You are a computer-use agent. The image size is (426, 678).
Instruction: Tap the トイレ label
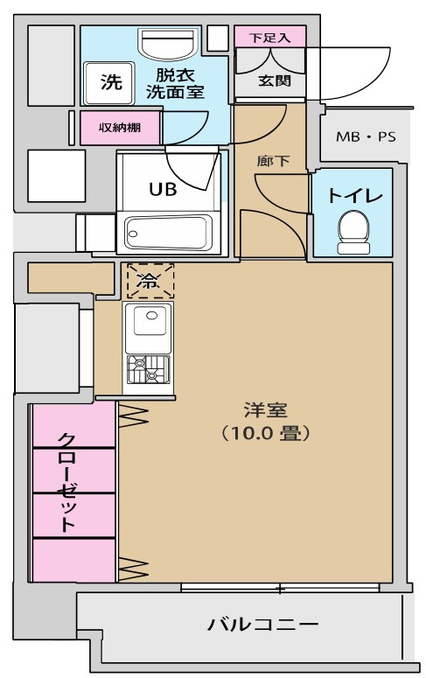pos(355,196)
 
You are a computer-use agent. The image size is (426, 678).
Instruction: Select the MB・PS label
pos(366,137)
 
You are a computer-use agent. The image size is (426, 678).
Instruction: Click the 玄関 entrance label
pos(274,80)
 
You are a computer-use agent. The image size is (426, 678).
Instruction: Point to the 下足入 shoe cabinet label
pos(270,38)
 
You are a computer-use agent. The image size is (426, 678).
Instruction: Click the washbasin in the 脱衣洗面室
pos(169,43)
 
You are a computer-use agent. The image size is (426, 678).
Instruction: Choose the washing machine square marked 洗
pos(109,83)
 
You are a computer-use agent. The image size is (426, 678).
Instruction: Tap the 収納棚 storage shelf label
pos(120,128)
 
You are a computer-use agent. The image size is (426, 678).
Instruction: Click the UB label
pos(163,189)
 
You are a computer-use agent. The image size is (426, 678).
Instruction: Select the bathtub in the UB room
pos(168,233)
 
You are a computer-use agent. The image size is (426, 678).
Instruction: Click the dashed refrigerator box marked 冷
pos(150,281)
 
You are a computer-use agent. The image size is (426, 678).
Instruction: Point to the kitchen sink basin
pos(150,320)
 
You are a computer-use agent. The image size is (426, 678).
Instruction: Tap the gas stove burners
pos(148,370)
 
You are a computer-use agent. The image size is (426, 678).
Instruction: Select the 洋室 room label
pos(266,410)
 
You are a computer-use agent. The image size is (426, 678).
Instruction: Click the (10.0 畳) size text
pos(266,433)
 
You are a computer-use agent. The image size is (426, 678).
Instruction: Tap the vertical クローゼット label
pos(67,482)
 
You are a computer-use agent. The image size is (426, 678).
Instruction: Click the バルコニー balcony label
pos(263,625)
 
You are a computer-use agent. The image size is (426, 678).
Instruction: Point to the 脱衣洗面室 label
pos(175,83)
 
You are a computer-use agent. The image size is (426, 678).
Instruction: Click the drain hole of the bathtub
pos(133,234)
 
